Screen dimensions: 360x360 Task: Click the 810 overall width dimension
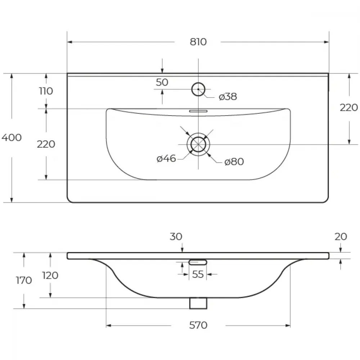[198, 42]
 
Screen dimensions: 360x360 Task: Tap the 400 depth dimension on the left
[12, 138]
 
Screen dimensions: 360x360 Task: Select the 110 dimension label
[46, 91]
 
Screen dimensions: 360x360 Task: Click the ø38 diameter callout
[228, 96]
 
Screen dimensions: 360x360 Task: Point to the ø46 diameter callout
[166, 158]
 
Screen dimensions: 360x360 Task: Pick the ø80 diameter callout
[234, 162]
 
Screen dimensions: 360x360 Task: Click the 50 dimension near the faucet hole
[162, 82]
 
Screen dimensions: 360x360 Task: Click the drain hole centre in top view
[198, 144]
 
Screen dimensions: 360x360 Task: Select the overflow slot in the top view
[198, 111]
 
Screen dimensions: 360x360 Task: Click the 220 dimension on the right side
[349, 107]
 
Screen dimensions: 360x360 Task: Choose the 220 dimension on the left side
[46, 144]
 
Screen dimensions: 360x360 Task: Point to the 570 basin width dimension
[198, 325]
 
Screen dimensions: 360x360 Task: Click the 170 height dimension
[24, 280]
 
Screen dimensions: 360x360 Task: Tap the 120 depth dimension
[50, 275]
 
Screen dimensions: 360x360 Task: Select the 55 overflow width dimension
[198, 274]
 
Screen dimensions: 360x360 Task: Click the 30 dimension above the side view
[176, 237]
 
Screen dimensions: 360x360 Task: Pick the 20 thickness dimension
[341, 237]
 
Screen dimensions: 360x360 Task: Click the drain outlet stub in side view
[198, 303]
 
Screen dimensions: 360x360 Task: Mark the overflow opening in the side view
[198, 262]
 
